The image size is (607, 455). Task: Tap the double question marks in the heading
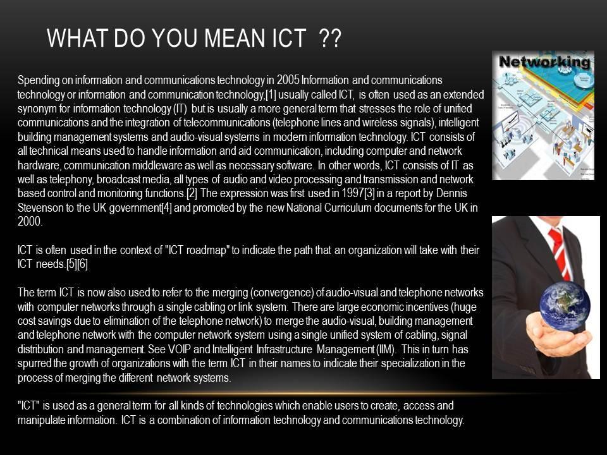[x=331, y=39]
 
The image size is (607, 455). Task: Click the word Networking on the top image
[x=544, y=61]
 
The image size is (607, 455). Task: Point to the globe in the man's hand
[x=565, y=306]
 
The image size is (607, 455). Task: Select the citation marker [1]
[x=271, y=94]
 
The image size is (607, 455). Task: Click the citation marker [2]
[x=192, y=193]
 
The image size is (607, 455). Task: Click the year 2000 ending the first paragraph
[x=30, y=221]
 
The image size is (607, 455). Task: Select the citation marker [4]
[x=166, y=208]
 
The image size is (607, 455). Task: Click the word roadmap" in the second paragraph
[x=207, y=250]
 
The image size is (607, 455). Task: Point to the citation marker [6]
[x=82, y=264]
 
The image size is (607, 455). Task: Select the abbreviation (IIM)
[x=386, y=349]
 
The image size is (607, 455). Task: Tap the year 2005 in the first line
[x=288, y=80]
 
